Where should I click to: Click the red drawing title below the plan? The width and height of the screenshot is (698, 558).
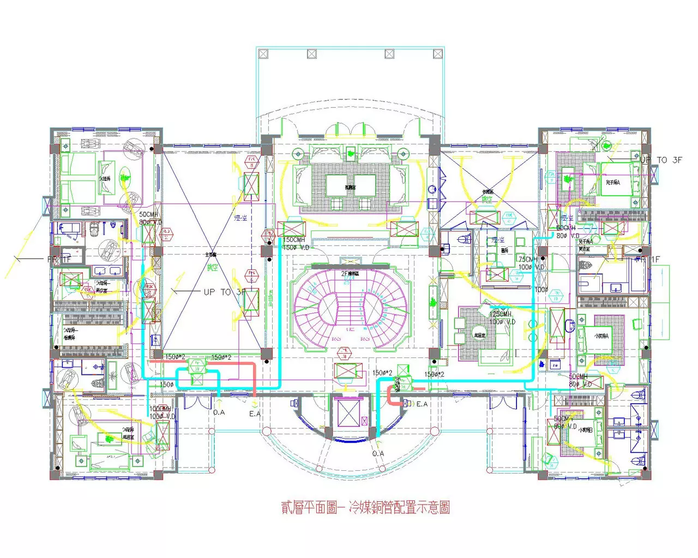(x=365, y=508)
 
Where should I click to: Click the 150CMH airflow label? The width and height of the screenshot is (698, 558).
(x=294, y=240)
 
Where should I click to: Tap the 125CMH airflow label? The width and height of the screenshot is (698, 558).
(x=500, y=314)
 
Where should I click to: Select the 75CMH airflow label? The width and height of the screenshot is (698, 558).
(x=528, y=259)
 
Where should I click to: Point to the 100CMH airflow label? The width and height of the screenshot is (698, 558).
(x=160, y=409)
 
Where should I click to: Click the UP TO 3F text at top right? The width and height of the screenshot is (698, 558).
(x=661, y=160)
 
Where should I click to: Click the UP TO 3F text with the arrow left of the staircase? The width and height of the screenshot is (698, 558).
(x=224, y=292)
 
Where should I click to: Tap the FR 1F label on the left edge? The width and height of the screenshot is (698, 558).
(x=59, y=259)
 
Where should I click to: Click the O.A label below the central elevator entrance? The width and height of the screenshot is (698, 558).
(x=378, y=453)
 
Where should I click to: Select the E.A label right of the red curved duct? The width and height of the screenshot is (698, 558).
(x=422, y=404)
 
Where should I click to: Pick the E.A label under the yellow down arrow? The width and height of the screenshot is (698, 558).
(x=255, y=414)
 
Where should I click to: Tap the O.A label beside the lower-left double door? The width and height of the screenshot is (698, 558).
(x=219, y=413)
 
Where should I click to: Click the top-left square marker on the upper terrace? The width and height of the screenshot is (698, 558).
(x=263, y=53)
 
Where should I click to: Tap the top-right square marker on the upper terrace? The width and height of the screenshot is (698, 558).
(x=437, y=53)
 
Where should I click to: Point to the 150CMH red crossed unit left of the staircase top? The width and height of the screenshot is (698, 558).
(x=291, y=228)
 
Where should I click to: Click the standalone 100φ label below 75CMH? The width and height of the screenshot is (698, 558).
(x=541, y=290)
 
